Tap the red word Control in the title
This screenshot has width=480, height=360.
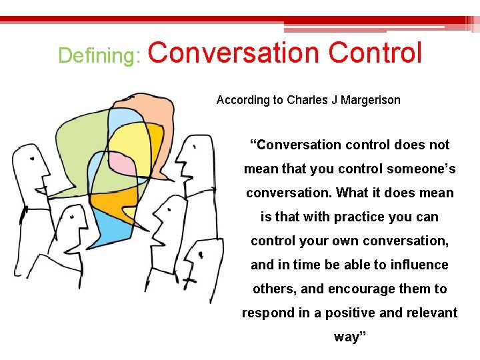(x=375, y=53)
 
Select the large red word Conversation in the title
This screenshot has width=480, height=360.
(x=234, y=53)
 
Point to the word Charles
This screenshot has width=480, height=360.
(x=309, y=100)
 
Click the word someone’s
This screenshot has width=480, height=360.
(x=422, y=169)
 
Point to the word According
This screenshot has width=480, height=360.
(x=241, y=100)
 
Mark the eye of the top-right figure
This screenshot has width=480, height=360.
(x=194, y=146)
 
